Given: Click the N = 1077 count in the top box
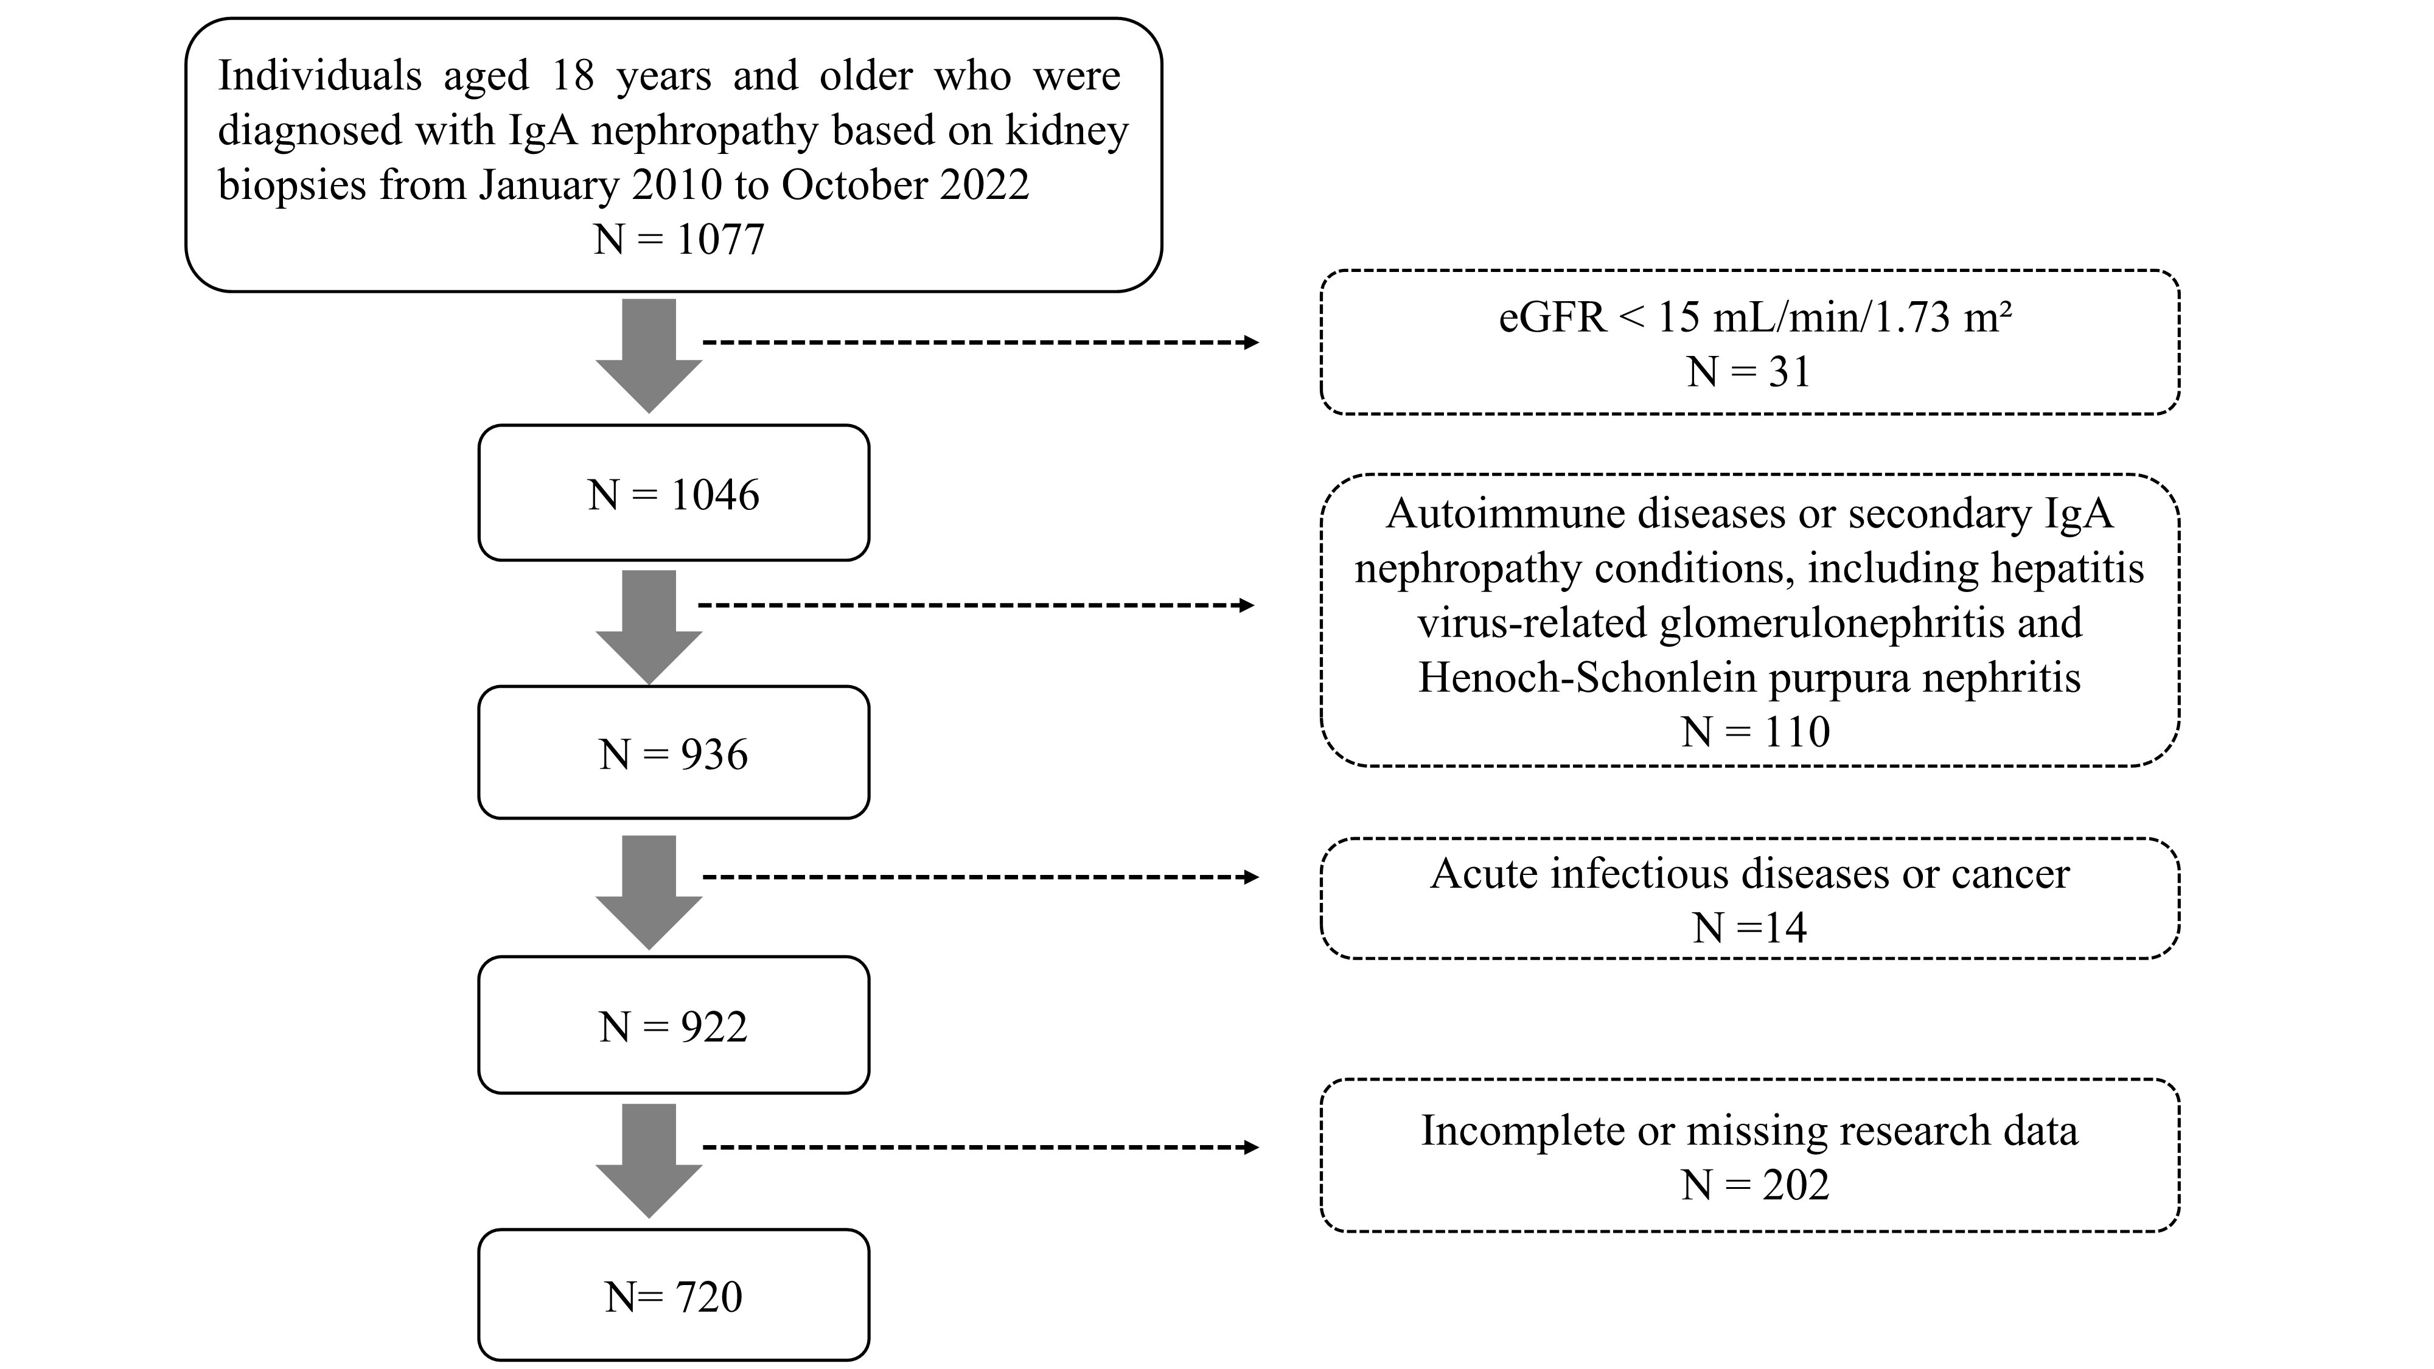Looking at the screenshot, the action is click(x=678, y=239).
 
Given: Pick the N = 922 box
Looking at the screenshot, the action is click(x=674, y=1025).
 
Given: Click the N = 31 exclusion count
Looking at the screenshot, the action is click(x=1749, y=371).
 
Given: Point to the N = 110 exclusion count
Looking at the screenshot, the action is click(x=1756, y=731).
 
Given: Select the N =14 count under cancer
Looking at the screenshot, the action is click(x=1749, y=928).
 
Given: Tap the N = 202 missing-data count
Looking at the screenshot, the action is click(x=1756, y=1184).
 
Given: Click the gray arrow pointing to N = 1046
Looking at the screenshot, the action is click(x=649, y=356).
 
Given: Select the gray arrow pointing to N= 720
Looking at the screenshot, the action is click(x=649, y=1161).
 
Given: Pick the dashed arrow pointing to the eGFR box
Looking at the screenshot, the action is click(x=981, y=342).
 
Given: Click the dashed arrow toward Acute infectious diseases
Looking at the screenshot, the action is click(x=981, y=877).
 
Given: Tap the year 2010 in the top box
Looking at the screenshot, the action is click(x=666, y=185).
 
